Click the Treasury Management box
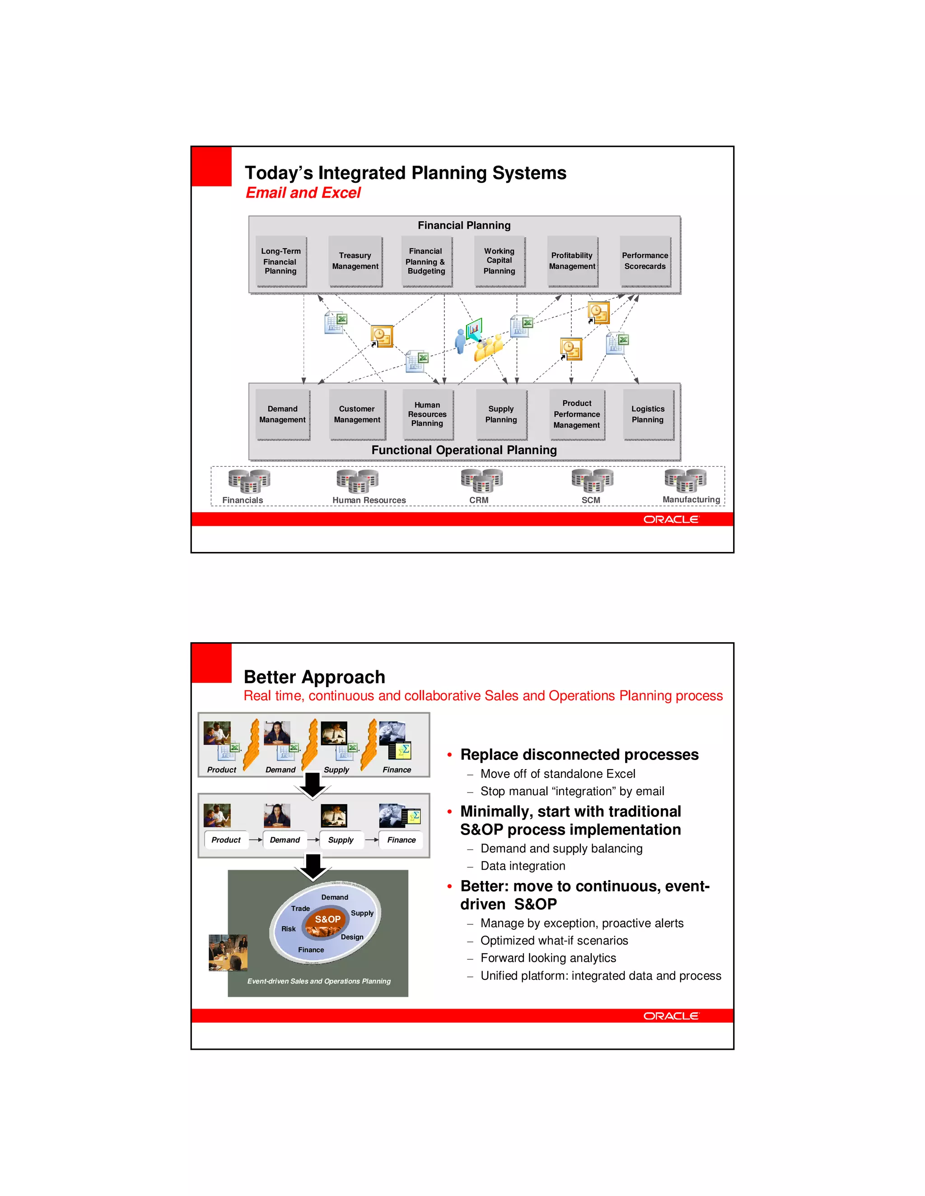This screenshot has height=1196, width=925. pyautogui.click(x=355, y=261)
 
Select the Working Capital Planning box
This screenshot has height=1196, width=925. pyautogui.click(x=499, y=261)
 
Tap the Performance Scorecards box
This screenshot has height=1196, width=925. pyautogui.click(x=645, y=261)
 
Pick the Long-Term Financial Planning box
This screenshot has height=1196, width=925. pyautogui.click(x=280, y=261)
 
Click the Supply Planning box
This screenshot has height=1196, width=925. pyautogui.click(x=501, y=415)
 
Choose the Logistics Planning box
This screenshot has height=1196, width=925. pyautogui.click(x=648, y=415)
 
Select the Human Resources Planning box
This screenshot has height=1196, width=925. pyautogui.click(x=427, y=415)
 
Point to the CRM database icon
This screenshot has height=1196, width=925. pyautogui.click(x=481, y=480)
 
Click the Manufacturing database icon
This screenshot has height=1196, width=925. pyautogui.click(x=685, y=480)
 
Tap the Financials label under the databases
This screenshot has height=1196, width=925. pyautogui.click(x=243, y=501)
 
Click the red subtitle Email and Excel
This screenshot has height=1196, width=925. pyautogui.click(x=303, y=193)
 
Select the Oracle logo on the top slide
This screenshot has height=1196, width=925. pyautogui.click(x=671, y=519)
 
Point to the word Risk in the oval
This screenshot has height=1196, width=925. pyautogui.click(x=288, y=929)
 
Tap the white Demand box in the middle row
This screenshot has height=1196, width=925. pyautogui.click(x=285, y=840)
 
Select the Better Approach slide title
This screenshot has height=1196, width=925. pyautogui.click(x=314, y=677)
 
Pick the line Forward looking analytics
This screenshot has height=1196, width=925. pyautogui.click(x=548, y=958)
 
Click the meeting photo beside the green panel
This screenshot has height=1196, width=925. pyautogui.click(x=228, y=953)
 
